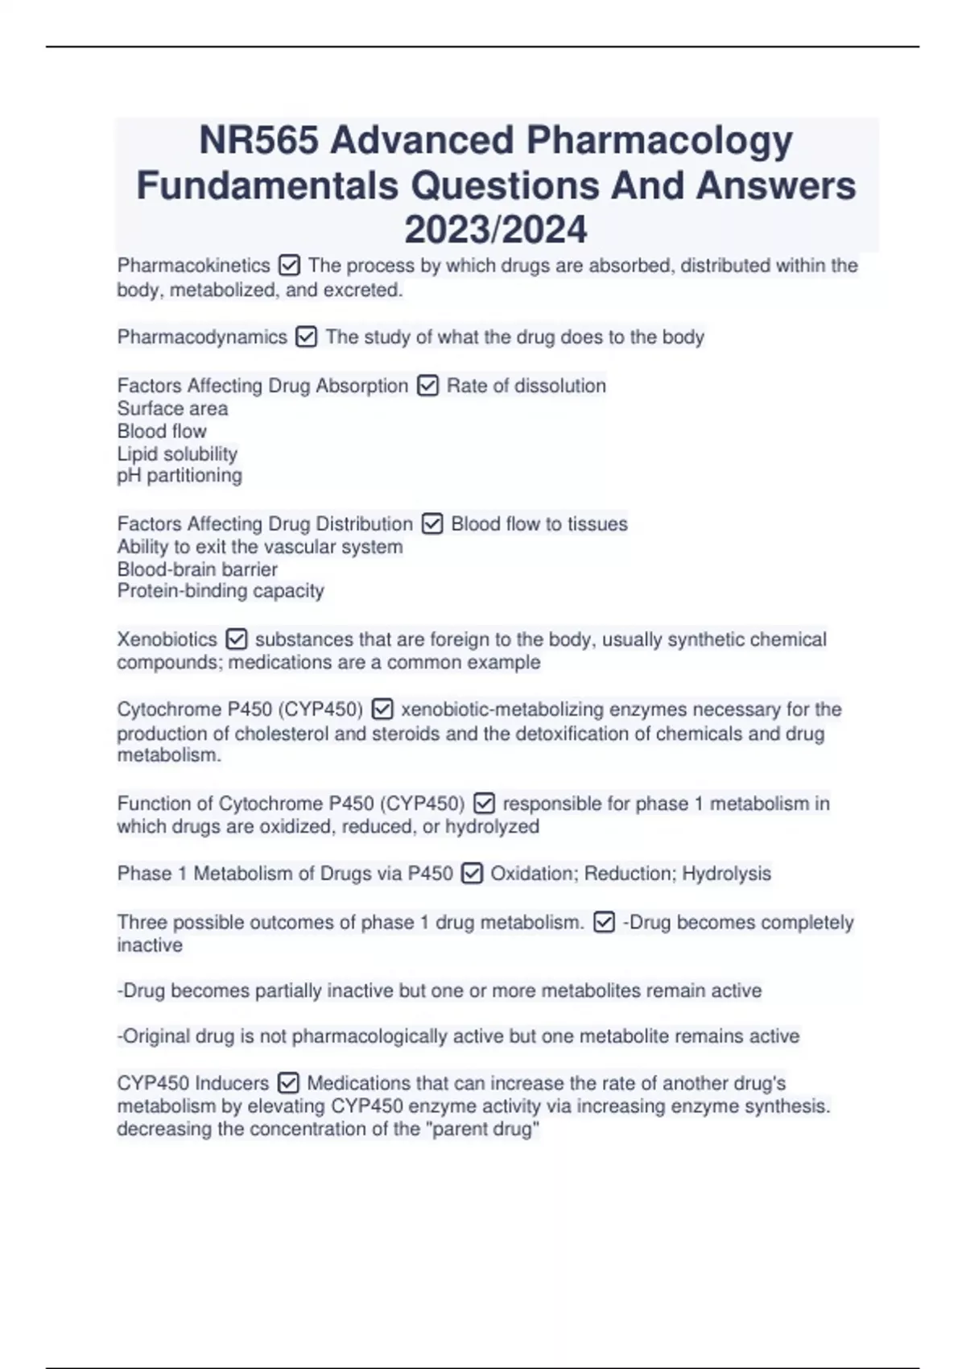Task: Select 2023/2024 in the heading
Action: click(x=495, y=230)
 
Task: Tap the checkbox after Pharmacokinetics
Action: click(x=289, y=265)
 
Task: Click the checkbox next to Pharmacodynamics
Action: click(x=306, y=337)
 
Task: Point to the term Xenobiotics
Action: click(x=167, y=639)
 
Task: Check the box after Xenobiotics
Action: click(x=236, y=639)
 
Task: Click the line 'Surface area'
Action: click(x=172, y=408)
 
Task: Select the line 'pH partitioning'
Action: click(x=180, y=475)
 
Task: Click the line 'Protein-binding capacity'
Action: click(x=221, y=591)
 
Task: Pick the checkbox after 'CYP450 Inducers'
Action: click(x=288, y=1083)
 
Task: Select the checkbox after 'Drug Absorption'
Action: click(x=427, y=387)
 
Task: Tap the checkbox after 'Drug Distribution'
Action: click(x=432, y=524)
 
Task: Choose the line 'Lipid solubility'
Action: click(x=177, y=453)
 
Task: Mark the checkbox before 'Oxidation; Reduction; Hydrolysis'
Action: click(x=472, y=874)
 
